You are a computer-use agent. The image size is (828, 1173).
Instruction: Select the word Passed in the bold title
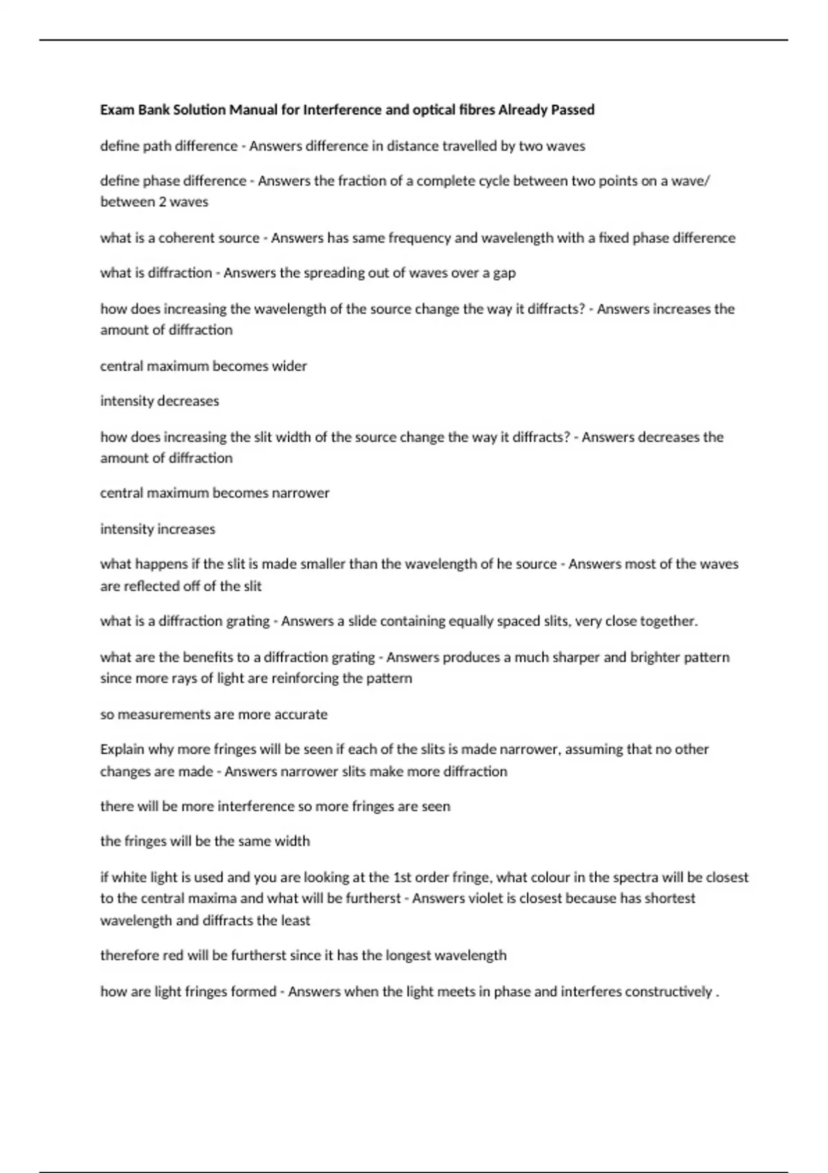tap(572, 110)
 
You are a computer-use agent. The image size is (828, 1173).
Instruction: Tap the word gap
tap(504, 273)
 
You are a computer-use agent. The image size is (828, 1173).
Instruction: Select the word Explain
tap(121, 749)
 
